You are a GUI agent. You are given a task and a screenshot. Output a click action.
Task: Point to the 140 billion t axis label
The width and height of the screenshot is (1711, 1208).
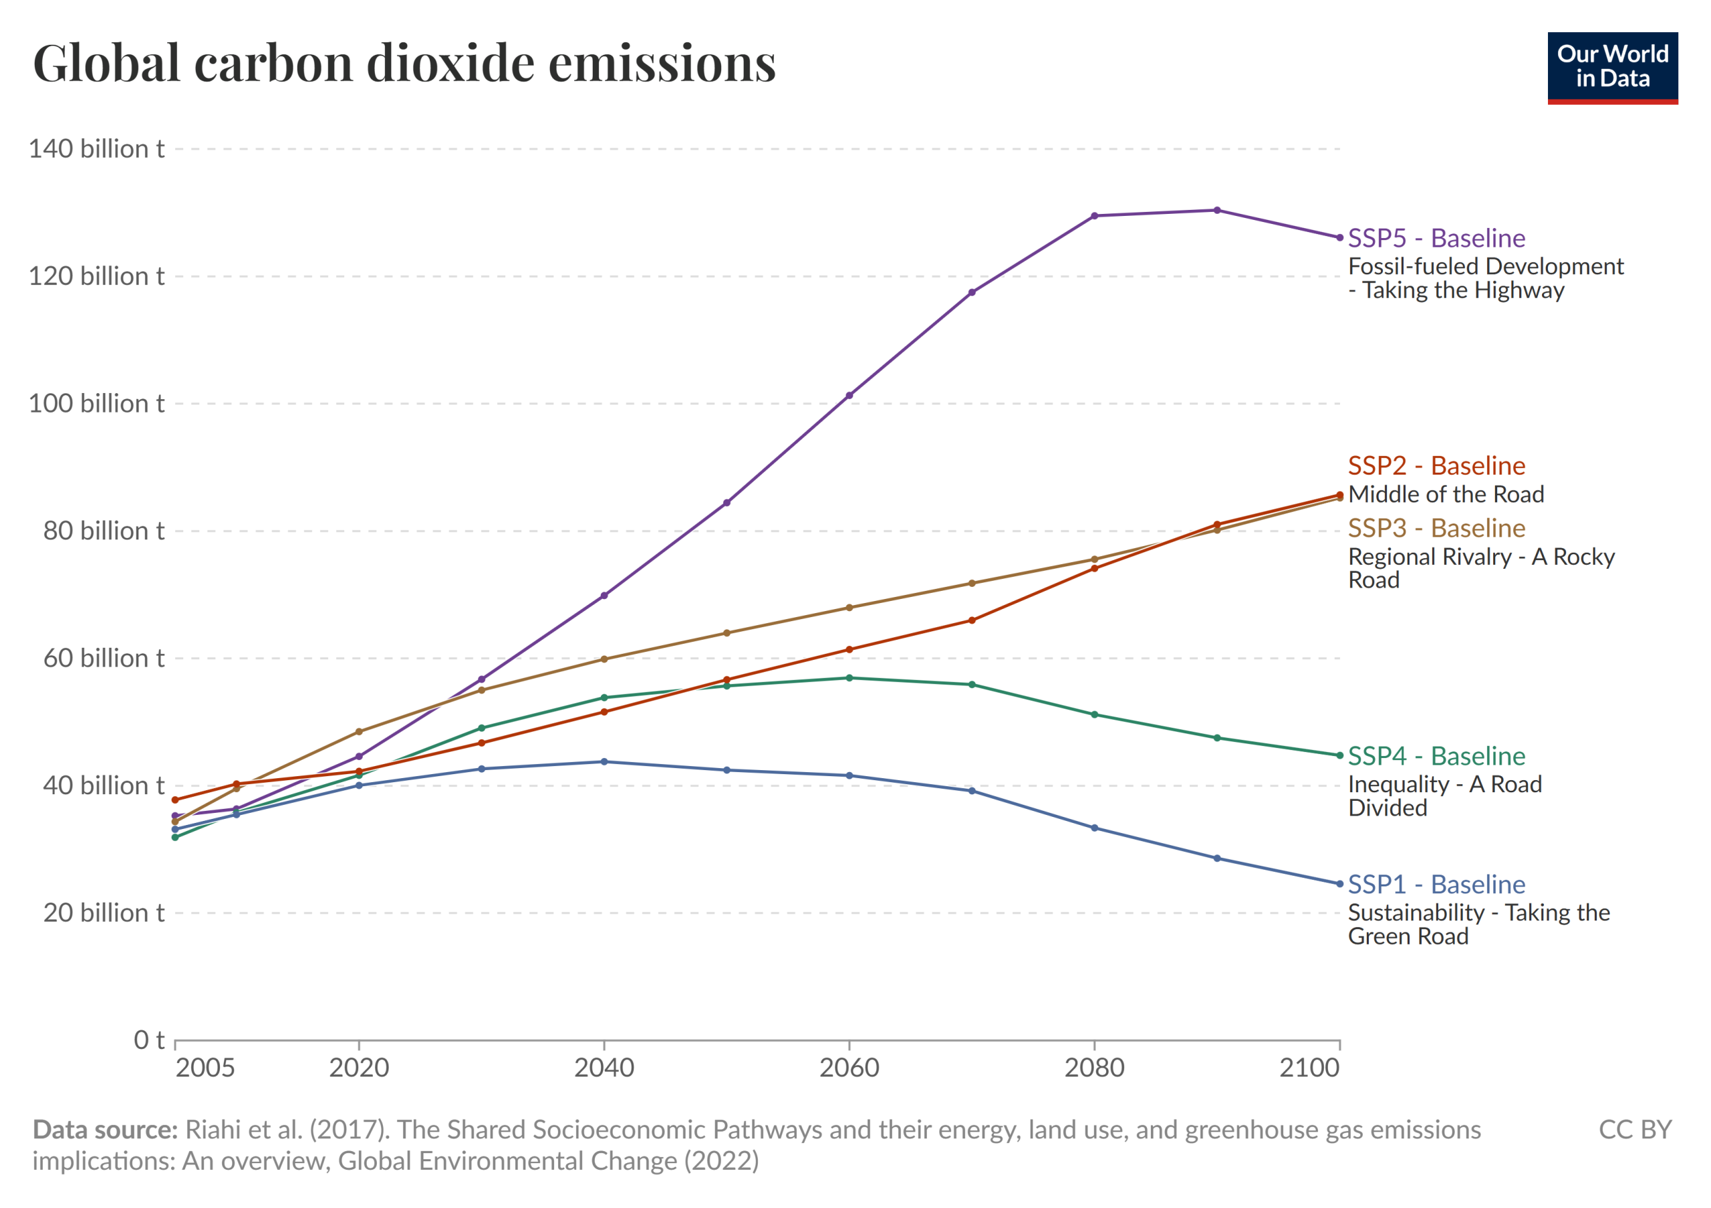tap(96, 149)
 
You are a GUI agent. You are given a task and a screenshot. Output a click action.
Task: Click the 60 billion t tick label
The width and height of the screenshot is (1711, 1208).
tap(104, 658)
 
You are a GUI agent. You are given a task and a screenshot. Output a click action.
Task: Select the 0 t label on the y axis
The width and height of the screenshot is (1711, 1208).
tap(148, 1040)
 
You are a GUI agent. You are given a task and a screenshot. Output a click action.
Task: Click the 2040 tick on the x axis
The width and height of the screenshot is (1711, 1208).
tap(604, 1068)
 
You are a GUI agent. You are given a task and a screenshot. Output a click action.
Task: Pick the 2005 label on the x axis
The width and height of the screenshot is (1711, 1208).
tap(205, 1068)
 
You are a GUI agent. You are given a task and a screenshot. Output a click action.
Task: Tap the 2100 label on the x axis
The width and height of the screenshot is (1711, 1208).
tap(1309, 1068)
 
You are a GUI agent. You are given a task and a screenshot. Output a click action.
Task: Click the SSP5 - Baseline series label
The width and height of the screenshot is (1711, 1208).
tap(1436, 239)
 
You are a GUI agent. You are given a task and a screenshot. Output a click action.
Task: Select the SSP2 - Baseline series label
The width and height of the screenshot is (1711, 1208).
tap(1436, 466)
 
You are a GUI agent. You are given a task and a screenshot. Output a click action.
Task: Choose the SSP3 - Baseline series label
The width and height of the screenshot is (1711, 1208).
tap(1436, 528)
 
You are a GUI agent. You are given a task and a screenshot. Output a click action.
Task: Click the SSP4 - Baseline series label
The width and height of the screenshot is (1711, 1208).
tap(1436, 756)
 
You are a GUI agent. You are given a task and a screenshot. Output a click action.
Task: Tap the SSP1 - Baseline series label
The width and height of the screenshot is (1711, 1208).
tap(1436, 884)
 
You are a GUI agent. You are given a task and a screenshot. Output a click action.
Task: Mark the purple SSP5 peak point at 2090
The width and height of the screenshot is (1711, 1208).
tap(1217, 210)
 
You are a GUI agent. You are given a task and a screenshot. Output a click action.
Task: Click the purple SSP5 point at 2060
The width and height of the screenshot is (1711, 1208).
tap(849, 396)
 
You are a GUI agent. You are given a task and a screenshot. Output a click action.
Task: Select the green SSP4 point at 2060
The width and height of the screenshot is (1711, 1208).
tap(849, 678)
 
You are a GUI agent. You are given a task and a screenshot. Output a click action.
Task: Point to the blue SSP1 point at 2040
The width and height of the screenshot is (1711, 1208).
tap(604, 761)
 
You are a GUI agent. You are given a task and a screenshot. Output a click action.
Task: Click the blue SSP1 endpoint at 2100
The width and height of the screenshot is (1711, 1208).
tap(1339, 884)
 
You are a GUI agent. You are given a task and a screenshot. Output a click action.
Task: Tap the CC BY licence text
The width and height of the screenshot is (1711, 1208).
tap(1635, 1130)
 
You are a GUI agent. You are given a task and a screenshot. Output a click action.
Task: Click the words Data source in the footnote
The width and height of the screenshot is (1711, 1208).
tap(105, 1130)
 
